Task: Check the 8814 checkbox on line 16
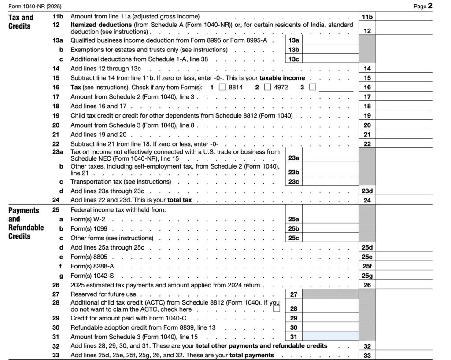[x=222, y=87]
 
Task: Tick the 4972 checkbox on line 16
[x=267, y=87]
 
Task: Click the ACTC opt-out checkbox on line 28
[x=277, y=309]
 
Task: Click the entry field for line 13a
[x=330, y=40]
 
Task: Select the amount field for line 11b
[x=403, y=17]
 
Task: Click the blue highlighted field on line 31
[x=330, y=337]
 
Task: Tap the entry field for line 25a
[x=330, y=219]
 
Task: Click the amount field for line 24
[x=403, y=200]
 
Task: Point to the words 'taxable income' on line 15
[x=282, y=78]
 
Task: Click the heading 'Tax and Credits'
[x=21, y=22]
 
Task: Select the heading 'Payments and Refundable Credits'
[x=26, y=223]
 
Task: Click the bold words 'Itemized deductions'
[x=101, y=25]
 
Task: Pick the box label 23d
[x=367, y=191]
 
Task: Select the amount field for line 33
[x=403, y=356]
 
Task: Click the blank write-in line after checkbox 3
[x=336, y=88]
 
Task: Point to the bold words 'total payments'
[x=251, y=355]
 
